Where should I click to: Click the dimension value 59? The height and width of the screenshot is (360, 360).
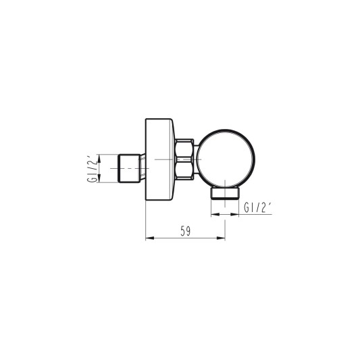coord(185,231)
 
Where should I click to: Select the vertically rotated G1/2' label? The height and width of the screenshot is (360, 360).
coord(91,169)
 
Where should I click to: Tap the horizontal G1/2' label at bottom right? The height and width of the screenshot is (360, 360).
coord(257,208)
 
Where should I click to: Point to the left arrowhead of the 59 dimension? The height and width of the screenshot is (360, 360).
coord(150,238)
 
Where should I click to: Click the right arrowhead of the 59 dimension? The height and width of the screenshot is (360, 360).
coord(221,238)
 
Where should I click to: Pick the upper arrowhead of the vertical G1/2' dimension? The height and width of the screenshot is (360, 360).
coord(99,158)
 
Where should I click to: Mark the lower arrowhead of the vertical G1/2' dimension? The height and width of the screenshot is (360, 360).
coord(99,178)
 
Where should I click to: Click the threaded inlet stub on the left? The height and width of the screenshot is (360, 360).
coord(129,168)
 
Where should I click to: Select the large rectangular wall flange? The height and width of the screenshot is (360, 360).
coord(160,159)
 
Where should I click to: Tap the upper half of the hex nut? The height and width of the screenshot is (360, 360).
coord(184,148)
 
